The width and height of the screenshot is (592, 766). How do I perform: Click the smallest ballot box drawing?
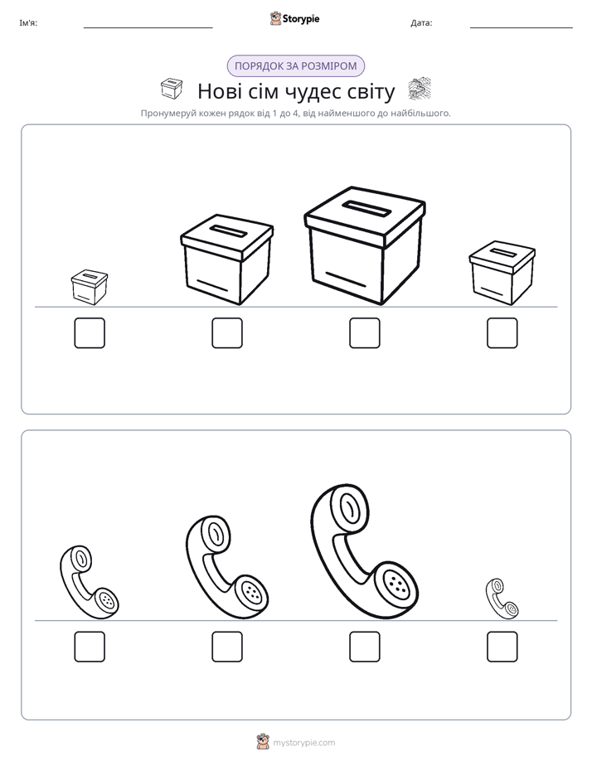tap(90, 287)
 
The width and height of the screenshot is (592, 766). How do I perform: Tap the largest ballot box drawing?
tap(364, 245)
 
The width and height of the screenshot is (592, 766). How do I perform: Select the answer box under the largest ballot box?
tap(364, 333)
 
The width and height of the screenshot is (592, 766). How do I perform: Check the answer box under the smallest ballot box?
tap(90, 333)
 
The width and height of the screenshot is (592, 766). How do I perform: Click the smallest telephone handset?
tap(502, 599)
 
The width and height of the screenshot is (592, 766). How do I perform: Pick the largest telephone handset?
tap(364, 552)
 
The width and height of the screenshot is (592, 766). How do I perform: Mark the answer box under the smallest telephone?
tap(502, 647)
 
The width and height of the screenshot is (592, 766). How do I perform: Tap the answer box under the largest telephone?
tap(364, 647)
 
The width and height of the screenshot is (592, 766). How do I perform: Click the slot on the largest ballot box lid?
tap(366, 209)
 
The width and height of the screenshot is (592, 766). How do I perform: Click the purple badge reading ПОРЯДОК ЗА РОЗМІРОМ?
tap(296, 66)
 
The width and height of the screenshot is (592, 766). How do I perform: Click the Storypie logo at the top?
tap(294, 18)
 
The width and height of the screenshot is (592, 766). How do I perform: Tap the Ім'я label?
tap(28, 23)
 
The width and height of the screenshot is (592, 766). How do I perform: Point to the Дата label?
tap(421, 23)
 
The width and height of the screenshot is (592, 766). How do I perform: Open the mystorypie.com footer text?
tap(303, 743)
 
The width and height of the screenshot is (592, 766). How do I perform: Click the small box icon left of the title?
tap(172, 89)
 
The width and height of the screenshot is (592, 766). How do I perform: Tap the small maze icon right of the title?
tap(420, 90)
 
